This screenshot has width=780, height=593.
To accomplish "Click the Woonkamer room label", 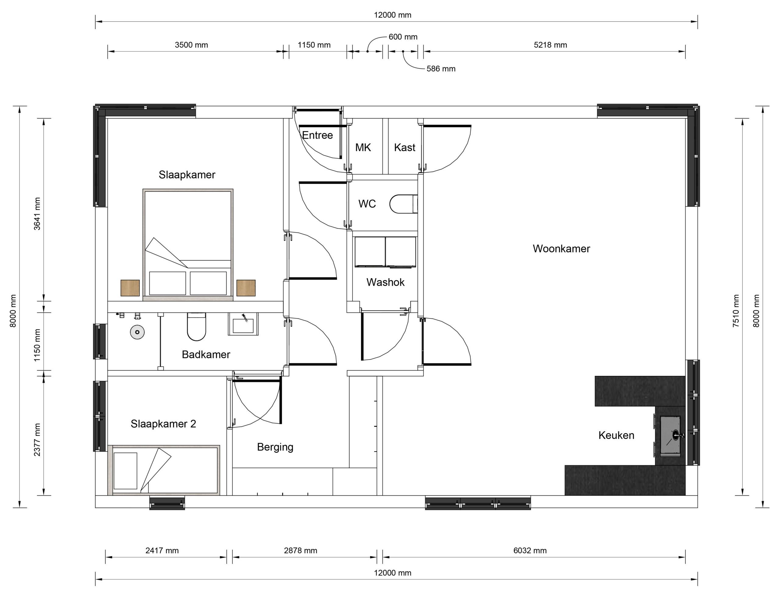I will [561, 249].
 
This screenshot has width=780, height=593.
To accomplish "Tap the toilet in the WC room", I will [403, 204].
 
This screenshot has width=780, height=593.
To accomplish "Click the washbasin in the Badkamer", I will [243, 324].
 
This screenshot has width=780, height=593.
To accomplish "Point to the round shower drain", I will [137, 332].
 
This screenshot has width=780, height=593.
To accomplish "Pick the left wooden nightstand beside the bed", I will [130, 288].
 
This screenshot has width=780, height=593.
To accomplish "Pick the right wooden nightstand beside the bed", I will [246, 288].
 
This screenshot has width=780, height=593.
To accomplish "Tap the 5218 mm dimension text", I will [550, 45].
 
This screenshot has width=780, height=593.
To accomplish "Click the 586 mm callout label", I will [441, 69].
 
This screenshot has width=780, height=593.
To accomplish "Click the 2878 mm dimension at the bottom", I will [300, 551].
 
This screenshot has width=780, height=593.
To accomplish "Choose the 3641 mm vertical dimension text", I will [37, 214].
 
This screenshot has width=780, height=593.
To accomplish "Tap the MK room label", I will [363, 147].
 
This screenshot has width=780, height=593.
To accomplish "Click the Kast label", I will [404, 147].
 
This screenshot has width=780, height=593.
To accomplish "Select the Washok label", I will [385, 282].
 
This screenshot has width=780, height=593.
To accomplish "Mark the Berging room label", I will [275, 447].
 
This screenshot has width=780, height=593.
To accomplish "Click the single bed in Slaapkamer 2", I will [164, 470].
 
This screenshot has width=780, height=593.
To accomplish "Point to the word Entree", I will [317, 135].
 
